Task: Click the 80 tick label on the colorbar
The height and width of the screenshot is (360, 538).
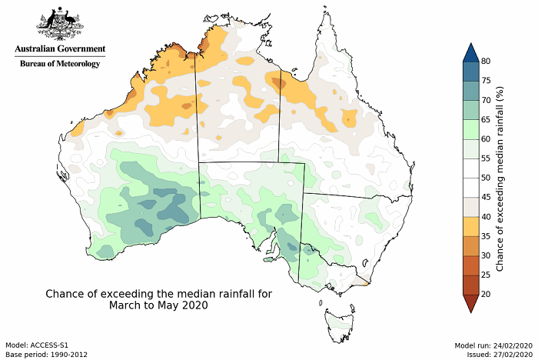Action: [487, 61]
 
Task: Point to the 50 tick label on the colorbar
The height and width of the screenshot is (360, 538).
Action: [487, 178]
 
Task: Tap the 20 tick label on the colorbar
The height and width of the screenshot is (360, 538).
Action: [487, 294]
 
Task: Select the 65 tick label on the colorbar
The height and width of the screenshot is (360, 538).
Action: [487, 119]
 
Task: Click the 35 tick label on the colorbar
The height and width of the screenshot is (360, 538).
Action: [487, 236]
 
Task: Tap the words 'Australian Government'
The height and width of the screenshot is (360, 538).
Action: [59, 50]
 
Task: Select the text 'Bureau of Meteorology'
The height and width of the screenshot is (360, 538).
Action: [59, 64]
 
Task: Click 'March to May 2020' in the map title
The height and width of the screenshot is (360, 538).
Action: [158, 305]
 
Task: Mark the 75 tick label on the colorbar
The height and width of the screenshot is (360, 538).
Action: [487, 81]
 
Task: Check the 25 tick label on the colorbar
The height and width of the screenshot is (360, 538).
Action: [487, 275]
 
